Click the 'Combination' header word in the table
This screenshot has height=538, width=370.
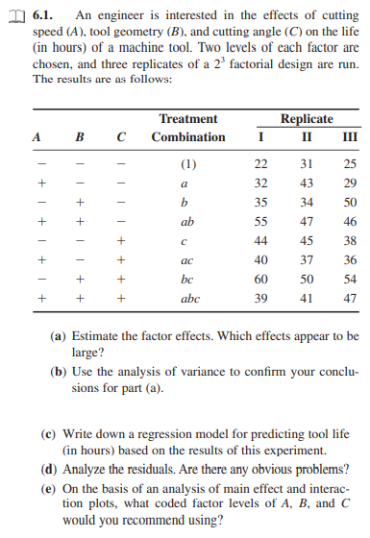(188, 136)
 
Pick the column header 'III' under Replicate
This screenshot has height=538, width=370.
(349, 136)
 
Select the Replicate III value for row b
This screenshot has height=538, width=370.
(349, 200)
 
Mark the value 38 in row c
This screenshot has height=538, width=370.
(349, 239)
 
